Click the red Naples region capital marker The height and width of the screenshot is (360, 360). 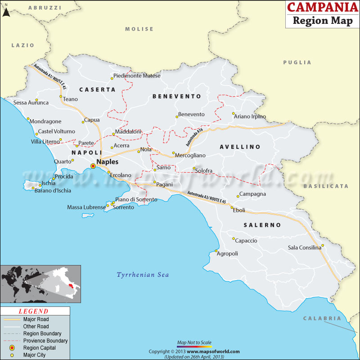coord(93,166)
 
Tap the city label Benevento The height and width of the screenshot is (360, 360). coord(191,114)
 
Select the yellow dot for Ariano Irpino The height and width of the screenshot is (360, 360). coord(233,113)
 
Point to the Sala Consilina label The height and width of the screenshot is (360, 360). coord(305,247)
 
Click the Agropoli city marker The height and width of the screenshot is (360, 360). coord(216,251)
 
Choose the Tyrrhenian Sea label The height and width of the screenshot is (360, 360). coord(143,274)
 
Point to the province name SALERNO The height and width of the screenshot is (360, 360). coord(262,225)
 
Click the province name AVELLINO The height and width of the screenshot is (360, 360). coord(240,147)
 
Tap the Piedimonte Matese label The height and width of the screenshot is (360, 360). coord(137,76)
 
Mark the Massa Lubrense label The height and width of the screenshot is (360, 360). coord(86,207)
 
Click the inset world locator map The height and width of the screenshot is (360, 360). coord(40,283)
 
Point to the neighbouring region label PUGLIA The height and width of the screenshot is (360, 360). coord(297,63)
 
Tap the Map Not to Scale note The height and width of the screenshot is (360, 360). coord(194,342)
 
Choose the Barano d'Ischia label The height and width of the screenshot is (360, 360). coord(53,190)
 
